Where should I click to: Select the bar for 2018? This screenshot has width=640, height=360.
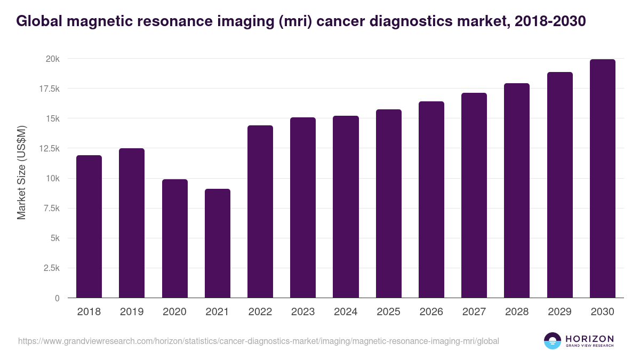click(89, 227)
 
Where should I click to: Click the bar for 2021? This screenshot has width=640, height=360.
click(218, 243)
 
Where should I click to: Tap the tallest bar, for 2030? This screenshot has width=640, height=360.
click(602, 179)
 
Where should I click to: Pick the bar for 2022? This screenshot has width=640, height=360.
click(260, 212)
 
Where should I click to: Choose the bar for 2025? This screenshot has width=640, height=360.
click(388, 204)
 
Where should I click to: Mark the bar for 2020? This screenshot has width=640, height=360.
click(175, 238)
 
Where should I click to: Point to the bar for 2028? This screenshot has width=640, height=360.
click(517, 190)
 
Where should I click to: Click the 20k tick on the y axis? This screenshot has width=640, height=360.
click(52, 59)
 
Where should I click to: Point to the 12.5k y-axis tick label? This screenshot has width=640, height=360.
click(48, 148)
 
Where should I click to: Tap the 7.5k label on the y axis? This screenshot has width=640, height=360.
click(50, 208)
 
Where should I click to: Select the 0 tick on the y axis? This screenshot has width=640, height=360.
click(57, 298)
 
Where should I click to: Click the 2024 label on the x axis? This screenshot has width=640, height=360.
click(346, 312)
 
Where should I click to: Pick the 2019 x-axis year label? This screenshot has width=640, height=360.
click(132, 312)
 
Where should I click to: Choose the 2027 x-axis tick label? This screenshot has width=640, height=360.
click(474, 312)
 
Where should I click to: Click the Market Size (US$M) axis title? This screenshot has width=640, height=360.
click(21, 172)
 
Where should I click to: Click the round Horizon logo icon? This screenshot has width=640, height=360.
click(552, 341)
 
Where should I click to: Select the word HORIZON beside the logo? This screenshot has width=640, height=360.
click(589, 338)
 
